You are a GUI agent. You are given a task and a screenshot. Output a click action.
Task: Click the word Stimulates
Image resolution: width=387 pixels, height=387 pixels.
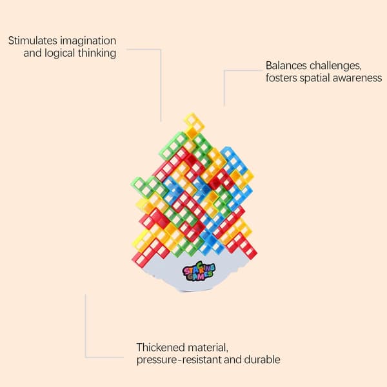33,41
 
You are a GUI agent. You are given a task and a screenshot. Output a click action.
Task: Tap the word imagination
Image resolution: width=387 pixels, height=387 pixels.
88,41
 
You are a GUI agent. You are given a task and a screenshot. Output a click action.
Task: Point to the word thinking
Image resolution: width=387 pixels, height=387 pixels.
97,54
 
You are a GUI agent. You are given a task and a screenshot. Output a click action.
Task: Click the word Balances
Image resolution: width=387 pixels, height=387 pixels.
286,66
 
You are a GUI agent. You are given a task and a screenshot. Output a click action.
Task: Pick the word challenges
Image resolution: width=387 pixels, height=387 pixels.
335,66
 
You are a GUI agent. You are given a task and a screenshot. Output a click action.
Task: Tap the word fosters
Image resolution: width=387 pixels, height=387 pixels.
281,78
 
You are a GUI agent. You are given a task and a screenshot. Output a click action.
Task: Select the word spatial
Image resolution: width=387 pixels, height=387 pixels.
315,79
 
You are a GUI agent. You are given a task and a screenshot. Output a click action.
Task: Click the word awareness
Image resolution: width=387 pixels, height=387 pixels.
357,79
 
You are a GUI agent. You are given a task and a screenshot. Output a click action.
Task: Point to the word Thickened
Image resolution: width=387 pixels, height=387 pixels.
161,347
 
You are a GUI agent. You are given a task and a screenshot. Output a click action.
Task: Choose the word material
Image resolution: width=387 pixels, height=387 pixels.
208,348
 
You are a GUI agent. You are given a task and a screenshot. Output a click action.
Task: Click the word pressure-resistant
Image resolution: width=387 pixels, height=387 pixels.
179,360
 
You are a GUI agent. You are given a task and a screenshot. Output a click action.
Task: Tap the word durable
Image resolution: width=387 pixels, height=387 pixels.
262,360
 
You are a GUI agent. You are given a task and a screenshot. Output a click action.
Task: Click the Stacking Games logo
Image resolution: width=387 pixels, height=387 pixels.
199,272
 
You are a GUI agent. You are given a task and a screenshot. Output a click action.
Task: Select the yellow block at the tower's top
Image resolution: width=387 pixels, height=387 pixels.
194,124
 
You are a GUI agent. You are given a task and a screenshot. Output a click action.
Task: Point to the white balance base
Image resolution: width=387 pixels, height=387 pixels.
194,273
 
